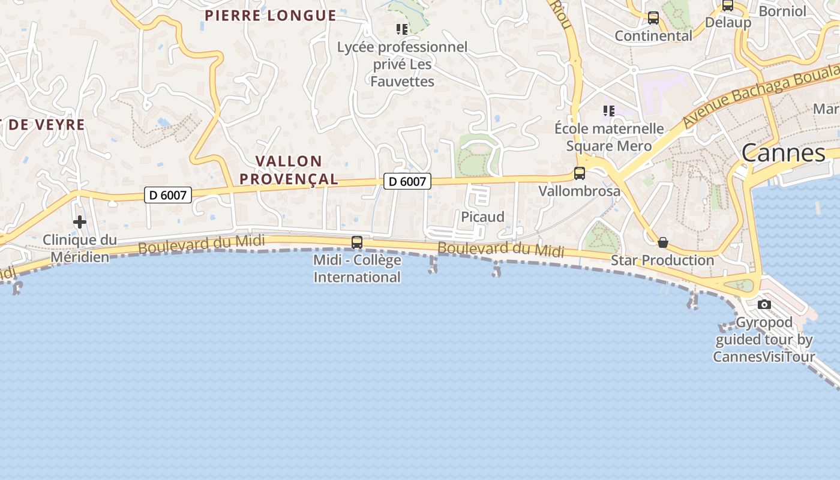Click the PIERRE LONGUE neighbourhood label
click(271, 16)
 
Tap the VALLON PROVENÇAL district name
click(297, 170)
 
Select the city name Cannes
click(784, 153)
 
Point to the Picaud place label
click(482, 217)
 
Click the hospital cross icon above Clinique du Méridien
click(80, 223)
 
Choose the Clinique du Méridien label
click(80, 248)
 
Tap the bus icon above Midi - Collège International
click(357, 242)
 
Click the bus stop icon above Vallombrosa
click(580, 173)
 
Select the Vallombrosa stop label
click(580, 191)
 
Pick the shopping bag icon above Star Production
click(663, 242)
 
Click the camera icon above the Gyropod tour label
click(764, 304)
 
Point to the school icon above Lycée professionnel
click(402, 29)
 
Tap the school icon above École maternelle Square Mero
click(609, 111)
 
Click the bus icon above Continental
click(653, 18)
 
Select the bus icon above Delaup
click(728, 5)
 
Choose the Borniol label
click(782, 11)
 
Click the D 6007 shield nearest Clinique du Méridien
click(168, 195)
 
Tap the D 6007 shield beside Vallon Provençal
click(407, 181)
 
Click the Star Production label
click(662, 260)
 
